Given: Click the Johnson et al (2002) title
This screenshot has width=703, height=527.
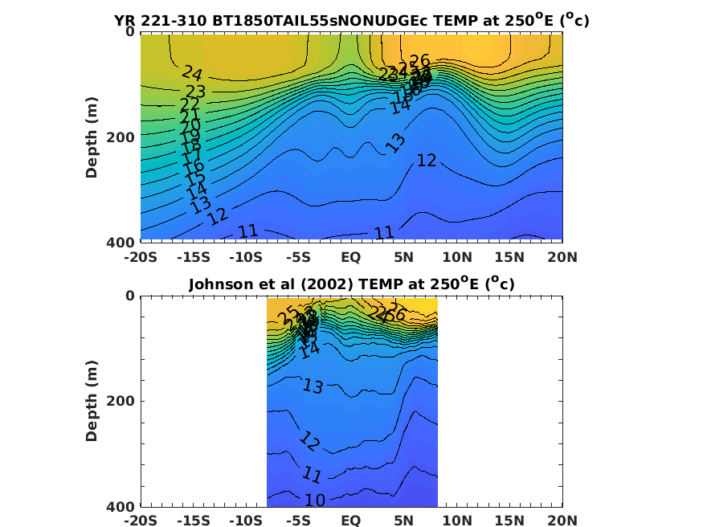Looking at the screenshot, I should click(351, 284).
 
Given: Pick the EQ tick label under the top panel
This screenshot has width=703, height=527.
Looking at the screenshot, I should click(351, 257).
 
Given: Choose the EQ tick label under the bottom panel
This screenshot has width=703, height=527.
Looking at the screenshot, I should click(351, 521).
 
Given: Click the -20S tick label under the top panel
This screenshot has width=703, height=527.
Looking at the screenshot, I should click(139, 257).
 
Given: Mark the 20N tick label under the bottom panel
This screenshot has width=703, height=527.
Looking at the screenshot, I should click(562, 521).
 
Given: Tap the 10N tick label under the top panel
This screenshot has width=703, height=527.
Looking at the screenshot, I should click(456, 257).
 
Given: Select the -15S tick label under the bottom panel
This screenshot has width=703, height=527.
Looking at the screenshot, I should click(192, 521).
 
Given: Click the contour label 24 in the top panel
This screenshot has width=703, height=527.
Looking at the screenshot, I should click(192, 75).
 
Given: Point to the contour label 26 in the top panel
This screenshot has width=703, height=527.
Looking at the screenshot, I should click(420, 61).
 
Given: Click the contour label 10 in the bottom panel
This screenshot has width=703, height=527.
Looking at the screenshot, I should click(315, 500).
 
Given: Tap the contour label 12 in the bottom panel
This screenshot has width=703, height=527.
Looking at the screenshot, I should click(310, 440).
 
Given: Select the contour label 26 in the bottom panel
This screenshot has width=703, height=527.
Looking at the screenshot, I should click(396, 313).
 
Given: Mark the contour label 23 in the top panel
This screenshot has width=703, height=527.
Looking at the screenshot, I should click(195, 91).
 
